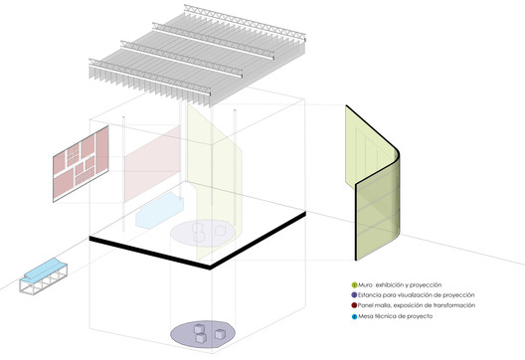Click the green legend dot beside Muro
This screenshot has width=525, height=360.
pyautogui.click(x=354, y=285)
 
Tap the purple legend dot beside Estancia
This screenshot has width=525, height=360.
pyautogui.click(x=354, y=295)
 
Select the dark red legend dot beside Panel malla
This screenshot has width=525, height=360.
pyautogui.click(x=354, y=305)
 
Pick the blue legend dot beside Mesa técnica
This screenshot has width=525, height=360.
pyautogui.click(x=355, y=316)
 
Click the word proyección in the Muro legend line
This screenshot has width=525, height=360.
pyautogui.click(x=426, y=285)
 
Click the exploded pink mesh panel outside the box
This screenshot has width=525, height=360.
pyautogui.click(x=81, y=164)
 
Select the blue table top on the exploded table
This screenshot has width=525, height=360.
pyautogui.click(x=44, y=269)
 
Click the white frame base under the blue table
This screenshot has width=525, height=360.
pyautogui.click(x=44, y=280)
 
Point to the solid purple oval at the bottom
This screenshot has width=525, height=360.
pyautogui.click(x=203, y=333)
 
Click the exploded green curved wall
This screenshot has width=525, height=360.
pyautogui.click(x=373, y=183)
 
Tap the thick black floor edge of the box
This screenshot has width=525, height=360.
pyautogui.click(x=198, y=241)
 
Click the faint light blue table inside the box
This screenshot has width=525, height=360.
pyautogui.click(x=160, y=211)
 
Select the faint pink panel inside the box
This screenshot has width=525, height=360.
pyautogui.click(x=152, y=164)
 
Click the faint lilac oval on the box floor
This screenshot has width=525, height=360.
pyautogui.click(x=203, y=233)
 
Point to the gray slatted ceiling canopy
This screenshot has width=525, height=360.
pyautogui.click(x=198, y=56)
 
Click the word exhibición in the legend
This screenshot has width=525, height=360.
pyautogui.click(x=390, y=285)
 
